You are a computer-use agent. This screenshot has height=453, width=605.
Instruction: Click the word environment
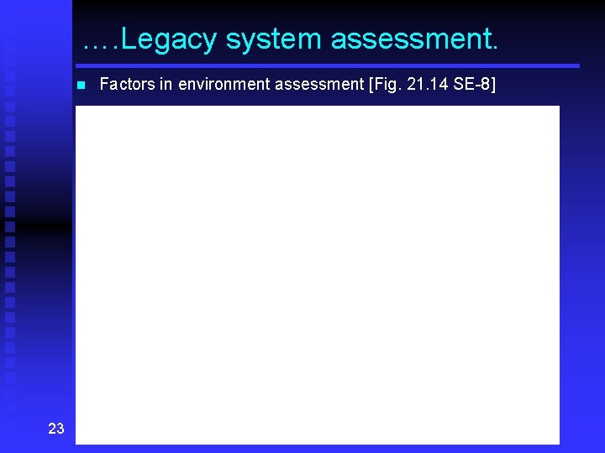tap(217, 84)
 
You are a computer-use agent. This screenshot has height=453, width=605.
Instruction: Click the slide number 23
tap(56, 429)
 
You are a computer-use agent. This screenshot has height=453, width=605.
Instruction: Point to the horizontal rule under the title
tap(328, 65)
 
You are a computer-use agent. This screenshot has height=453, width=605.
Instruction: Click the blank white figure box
tap(317, 273)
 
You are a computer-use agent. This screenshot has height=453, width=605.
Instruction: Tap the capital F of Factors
tap(104, 84)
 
